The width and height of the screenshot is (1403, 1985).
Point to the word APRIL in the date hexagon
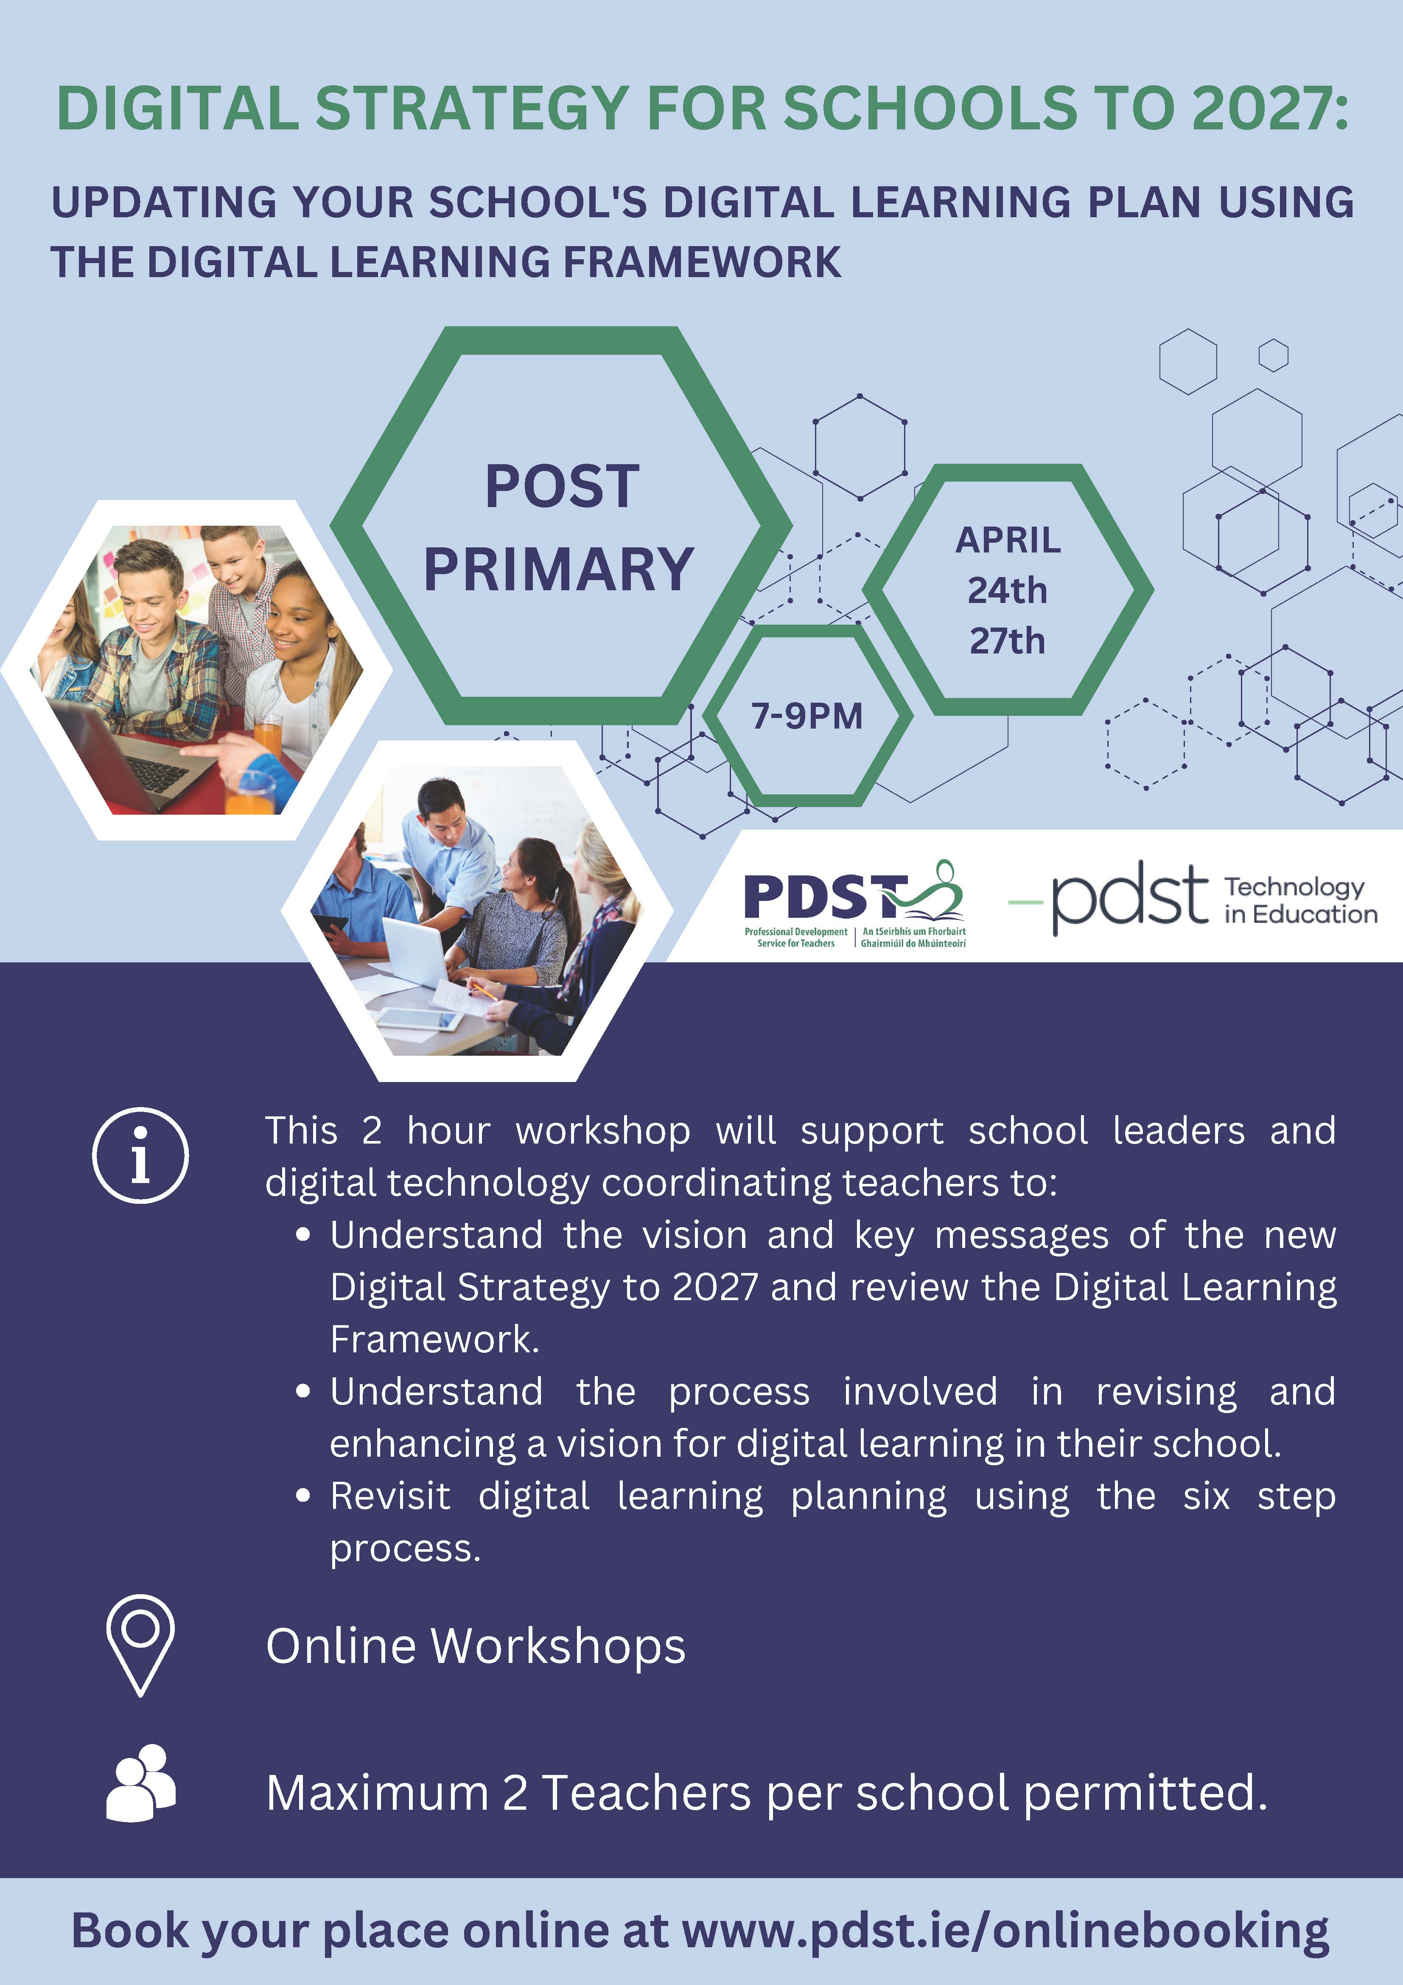pyautogui.click(x=1008, y=540)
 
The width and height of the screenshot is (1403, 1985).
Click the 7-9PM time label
pyautogui.click(x=807, y=716)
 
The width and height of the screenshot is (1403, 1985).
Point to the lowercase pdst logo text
pyautogui.click(x=1129, y=897)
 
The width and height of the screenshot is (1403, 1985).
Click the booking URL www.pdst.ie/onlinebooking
pyautogui.click(x=1005, y=1931)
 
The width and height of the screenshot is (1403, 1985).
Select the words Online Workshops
pyautogui.click(x=476, y=1645)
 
